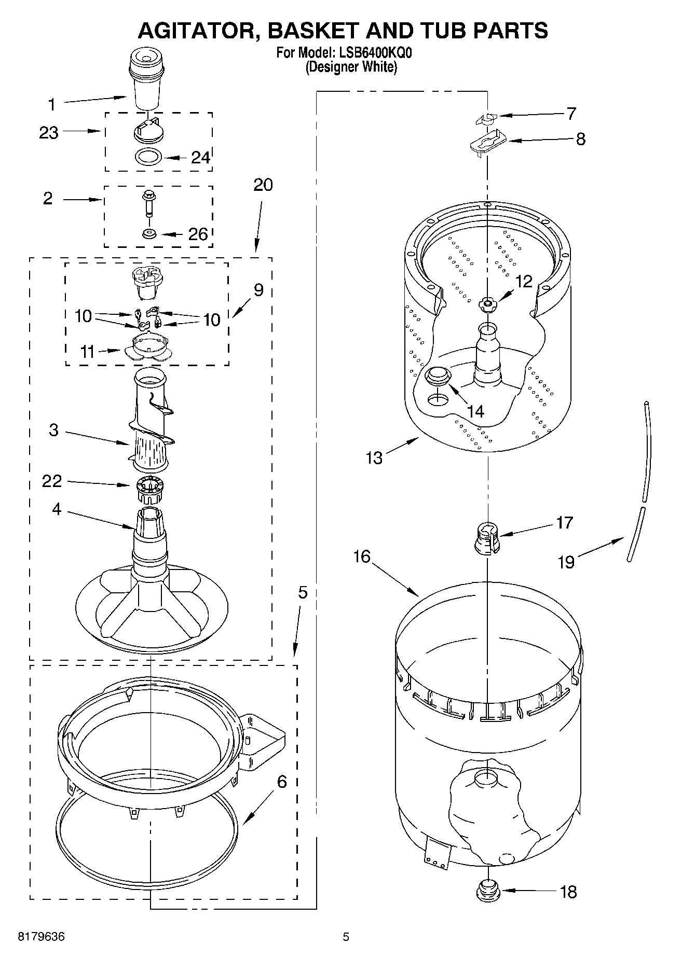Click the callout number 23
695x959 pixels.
(49, 133)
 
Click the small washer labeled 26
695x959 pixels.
(149, 234)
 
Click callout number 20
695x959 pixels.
(263, 185)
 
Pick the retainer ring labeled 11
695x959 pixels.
(148, 348)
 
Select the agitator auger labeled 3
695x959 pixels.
(151, 425)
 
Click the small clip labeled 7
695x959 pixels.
(485, 119)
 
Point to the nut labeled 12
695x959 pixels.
(488, 304)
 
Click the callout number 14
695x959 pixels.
(475, 411)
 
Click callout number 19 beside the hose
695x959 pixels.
(566, 562)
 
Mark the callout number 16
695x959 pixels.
(362, 557)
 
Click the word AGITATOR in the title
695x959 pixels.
(198, 31)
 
